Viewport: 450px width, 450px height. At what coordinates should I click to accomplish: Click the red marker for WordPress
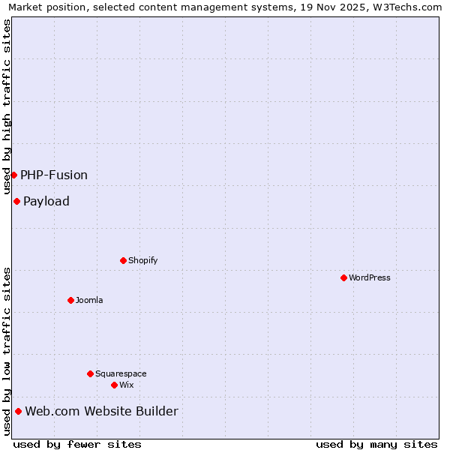343,277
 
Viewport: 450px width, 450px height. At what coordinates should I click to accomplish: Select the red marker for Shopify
123,260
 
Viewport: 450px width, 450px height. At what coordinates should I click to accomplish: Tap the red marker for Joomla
70,300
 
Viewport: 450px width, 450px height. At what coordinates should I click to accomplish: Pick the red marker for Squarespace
90,373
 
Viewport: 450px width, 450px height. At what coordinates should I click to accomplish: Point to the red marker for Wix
114,385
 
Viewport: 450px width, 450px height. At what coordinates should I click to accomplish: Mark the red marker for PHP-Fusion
13,175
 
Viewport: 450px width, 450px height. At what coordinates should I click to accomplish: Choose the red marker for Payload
16,201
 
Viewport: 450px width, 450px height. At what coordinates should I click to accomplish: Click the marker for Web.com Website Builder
18,411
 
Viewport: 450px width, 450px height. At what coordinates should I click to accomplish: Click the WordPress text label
370,277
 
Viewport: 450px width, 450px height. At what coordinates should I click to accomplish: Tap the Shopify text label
142,260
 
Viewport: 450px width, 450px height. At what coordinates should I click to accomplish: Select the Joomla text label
89,300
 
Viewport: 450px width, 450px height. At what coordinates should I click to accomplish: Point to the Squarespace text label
121,373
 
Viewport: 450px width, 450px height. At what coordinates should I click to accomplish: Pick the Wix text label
126,385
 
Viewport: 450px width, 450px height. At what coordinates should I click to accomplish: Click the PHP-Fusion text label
54,175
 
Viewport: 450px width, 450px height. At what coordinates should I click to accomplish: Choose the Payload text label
46,201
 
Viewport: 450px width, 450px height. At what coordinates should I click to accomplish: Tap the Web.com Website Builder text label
102,411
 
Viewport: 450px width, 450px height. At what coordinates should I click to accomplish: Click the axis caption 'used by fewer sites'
77,444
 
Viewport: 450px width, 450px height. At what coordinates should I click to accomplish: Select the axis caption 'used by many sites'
376,444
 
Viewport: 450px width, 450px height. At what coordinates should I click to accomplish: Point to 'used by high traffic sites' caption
7,106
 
